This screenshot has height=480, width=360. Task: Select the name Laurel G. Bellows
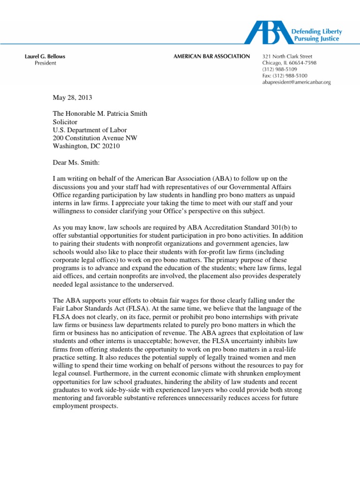pyautogui.click(x=45, y=57)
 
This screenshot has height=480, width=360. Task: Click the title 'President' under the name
pyautogui.click(x=45, y=63)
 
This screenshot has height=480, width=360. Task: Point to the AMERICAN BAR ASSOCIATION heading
pyautogui.click(x=212, y=57)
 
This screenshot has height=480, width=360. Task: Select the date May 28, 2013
pyautogui.click(x=72, y=98)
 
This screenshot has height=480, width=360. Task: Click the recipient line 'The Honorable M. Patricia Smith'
pyautogui.click(x=99, y=114)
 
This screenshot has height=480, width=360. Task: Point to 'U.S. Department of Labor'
pyautogui.click(x=89, y=130)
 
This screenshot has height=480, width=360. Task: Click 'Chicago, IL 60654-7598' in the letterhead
pyautogui.click(x=289, y=63)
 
